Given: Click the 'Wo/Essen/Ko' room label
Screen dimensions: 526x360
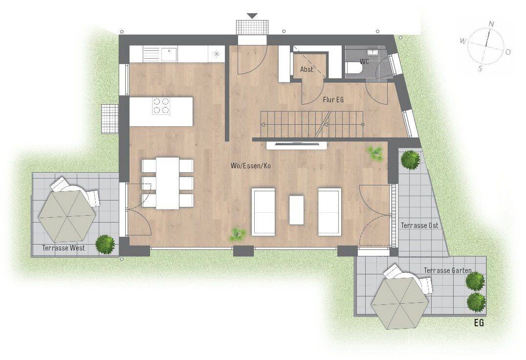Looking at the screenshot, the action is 251,166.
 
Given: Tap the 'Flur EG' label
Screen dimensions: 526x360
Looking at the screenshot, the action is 333,100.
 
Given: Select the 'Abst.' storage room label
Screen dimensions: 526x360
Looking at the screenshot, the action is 307,69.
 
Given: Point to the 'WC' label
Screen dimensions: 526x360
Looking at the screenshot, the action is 364,62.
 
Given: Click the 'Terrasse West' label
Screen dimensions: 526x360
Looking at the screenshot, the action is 64,248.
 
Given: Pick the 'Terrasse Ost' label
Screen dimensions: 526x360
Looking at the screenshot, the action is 419,225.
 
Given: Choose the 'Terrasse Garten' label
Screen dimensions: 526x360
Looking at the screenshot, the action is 447,270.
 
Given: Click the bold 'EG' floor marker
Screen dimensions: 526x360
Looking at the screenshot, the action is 479,323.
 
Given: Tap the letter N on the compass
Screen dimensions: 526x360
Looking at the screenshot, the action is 491,24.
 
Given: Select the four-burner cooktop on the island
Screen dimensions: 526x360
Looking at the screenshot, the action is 161,106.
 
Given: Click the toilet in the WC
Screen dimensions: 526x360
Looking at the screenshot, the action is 353,67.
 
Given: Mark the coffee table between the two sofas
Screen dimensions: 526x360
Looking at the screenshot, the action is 297,210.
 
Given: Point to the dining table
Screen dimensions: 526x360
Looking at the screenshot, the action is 167,183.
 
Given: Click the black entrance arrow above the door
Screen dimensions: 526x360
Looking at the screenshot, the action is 252,16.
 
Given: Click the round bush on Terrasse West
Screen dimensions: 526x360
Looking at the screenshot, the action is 105,244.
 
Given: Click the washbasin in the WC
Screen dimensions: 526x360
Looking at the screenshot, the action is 373,52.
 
